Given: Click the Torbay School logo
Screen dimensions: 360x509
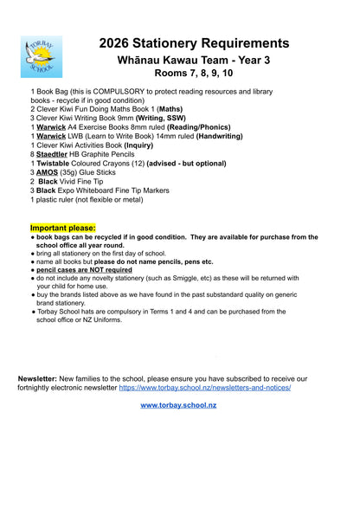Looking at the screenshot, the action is point(42,56).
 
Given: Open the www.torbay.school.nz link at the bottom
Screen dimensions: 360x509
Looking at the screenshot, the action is point(178,405).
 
